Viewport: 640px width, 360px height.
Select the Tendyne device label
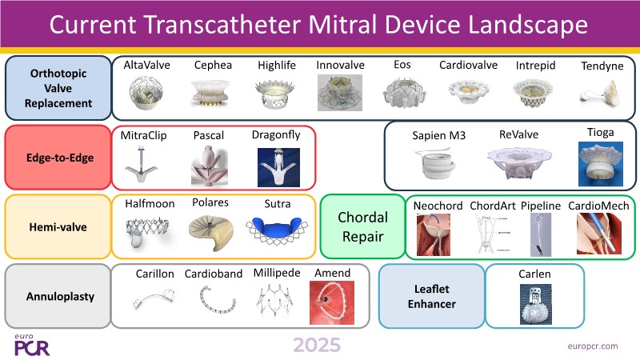tap(602, 66)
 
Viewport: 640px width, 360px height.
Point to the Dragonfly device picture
tap(278, 167)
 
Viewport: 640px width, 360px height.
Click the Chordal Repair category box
tap(362, 226)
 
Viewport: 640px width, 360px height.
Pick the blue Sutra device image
tap(277, 230)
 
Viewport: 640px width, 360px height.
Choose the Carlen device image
tap(535, 305)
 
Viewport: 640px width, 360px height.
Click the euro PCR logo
tap(32, 346)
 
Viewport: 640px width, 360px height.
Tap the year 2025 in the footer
tap(317, 345)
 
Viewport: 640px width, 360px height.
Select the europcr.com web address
tap(593, 346)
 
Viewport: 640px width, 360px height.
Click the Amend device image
tap(332, 302)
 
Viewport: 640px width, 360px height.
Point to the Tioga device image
tap(601, 164)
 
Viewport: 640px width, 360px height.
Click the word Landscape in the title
tap(528, 25)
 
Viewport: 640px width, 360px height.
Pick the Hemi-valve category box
tap(58, 226)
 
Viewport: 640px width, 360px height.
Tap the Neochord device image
tap(434, 234)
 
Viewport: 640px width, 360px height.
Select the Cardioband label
tap(214, 274)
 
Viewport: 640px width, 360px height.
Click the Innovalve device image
tap(340, 93)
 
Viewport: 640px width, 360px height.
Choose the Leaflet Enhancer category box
tap(432, 296)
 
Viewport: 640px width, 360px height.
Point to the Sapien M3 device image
tap(436, 164)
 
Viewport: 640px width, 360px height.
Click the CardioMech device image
tap(598, 234)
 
